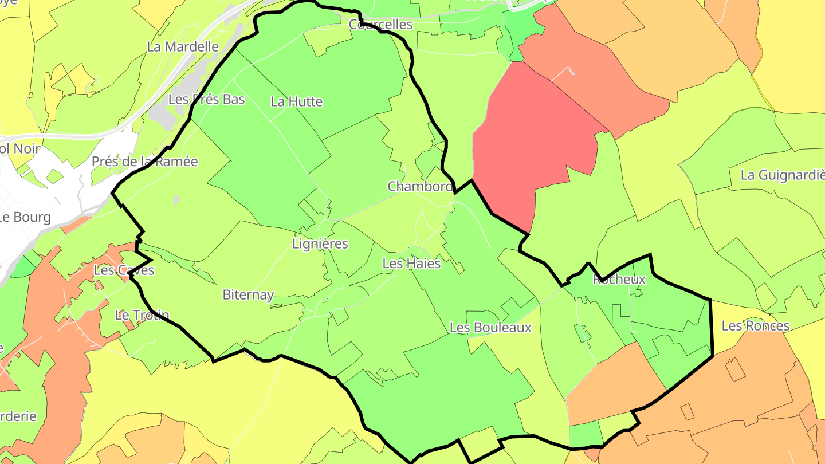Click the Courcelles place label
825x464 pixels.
[380, 25]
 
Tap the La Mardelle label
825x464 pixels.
[183, 46]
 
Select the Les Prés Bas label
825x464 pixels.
[206, 99]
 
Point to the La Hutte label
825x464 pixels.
[296, 102]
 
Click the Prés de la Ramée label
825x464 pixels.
[144, 162]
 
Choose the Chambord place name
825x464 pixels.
[420, 186]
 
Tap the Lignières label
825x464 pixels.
[320, 243]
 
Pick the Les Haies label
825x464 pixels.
[411, 264]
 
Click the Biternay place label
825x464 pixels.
[248, 295]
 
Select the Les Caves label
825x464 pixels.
[124, 270]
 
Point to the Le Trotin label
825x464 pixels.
[142, 315]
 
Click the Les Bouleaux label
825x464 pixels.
[490, 328]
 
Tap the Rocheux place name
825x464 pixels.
[619, 280]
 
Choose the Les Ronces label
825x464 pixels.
[755, 326]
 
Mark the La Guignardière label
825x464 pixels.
[783, 175]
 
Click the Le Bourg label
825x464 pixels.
[25, 218]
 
